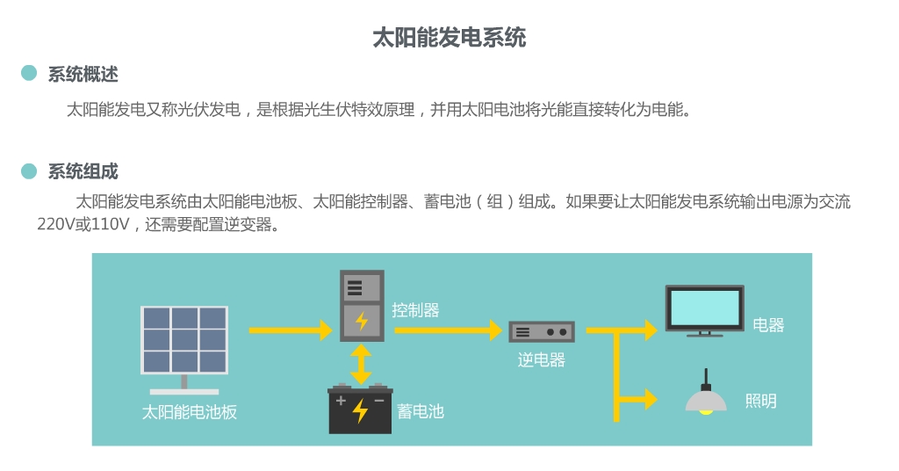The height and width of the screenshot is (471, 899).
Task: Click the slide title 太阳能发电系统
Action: (x=449, y=38)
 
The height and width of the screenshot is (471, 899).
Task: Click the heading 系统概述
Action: (x=83, y=75)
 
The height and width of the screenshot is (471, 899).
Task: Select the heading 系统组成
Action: (x=83, y=171)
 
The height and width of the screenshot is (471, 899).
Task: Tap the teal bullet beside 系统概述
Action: (x=29, y=74)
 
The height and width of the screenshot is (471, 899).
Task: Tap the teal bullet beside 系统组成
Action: (x=29, y=170)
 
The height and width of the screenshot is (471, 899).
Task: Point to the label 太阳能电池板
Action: (x=190, y=411)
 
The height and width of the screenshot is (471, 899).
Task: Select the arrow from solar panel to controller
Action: (x=284, y=331)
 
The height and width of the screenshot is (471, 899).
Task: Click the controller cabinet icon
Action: (x=362, y=305)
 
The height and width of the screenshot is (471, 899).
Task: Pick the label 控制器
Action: (x=415, y=310)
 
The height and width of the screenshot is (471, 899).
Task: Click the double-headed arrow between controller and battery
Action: (x=361, y=364)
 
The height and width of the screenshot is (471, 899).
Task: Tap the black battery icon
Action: (x=360, y=409)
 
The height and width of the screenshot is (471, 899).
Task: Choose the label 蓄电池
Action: (x=421, y=410)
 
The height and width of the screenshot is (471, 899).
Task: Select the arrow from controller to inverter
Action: (x=448, y=331)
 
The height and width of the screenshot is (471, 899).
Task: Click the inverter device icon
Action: (x=542, y=331)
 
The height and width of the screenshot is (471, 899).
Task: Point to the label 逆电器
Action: (x=541, y=359)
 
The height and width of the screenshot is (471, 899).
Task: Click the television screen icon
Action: (x=704, y=309)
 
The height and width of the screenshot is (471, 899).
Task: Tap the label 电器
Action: (x=768, y=324)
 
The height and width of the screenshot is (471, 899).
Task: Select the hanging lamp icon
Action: (x=706, y=396)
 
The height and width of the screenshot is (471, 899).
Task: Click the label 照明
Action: (x=760, y=402)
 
